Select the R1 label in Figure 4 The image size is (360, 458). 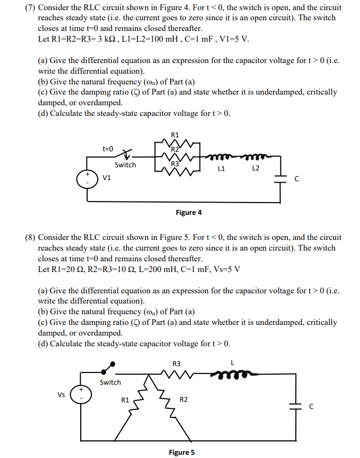175,135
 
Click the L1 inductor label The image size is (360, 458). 221,168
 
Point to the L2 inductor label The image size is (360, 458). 256,168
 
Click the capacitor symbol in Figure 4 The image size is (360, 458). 279,178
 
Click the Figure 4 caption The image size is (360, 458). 189,213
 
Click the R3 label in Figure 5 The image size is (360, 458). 177,363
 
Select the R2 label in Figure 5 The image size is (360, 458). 183,399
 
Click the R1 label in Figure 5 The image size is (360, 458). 125,399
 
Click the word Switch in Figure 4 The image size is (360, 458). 125,165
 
